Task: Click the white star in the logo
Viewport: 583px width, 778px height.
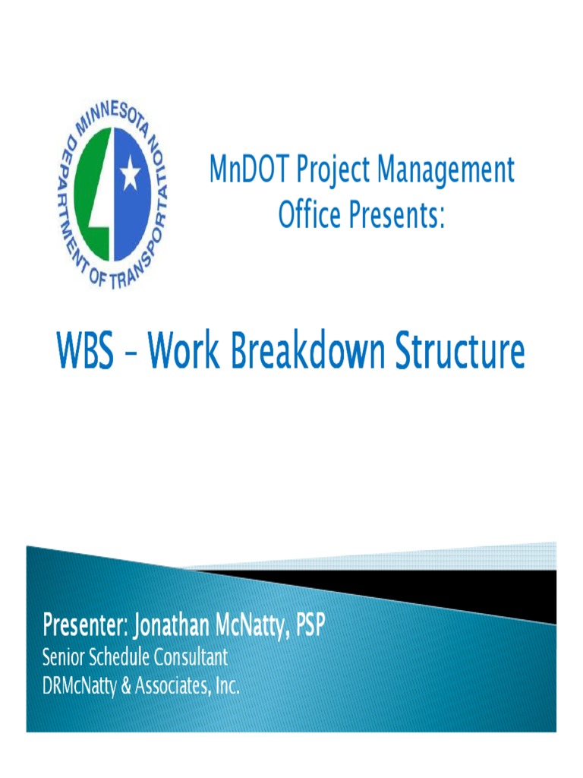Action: coord(130,176)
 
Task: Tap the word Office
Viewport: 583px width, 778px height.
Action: coord(309,215)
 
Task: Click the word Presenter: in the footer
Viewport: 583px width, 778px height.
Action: coord(85,627)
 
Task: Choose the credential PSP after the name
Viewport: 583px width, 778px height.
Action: coord(310,627)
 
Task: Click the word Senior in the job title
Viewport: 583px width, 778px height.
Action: coord(63,656)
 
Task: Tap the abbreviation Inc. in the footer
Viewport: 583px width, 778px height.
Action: coord(225,687)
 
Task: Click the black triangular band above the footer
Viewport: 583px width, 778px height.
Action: coord(455,589)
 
